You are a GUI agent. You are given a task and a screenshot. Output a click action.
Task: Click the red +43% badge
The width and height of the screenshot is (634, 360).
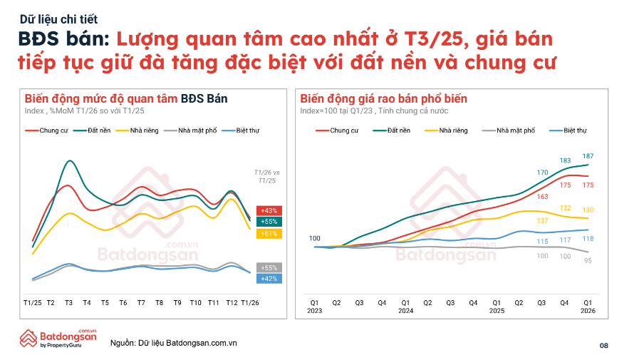[x=270, y=211]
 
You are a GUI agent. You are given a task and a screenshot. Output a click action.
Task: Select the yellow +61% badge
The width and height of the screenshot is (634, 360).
[x=270, y=234]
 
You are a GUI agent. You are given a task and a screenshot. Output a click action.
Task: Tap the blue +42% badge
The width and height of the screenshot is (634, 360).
[x=270, y=279]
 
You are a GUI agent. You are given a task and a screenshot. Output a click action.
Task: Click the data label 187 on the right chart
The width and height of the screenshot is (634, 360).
[x=588, y=156]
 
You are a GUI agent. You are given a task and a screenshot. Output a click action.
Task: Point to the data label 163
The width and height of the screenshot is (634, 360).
[x=543, y=197]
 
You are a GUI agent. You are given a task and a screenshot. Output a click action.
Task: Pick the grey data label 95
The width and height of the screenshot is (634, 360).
[x=588, y=261]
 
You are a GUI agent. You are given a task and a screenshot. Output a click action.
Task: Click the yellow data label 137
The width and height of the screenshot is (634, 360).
[x=543, y=221]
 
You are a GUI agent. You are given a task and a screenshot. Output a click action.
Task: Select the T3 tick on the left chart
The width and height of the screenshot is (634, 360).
[x=68, y=303]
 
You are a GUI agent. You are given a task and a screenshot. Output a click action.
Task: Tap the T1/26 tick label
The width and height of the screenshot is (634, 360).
[x=250, y=303]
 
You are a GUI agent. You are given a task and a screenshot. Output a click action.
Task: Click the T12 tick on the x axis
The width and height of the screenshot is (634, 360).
[x=232, y=303]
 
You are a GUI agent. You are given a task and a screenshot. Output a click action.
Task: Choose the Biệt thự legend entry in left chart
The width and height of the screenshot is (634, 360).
[x=241, y=131]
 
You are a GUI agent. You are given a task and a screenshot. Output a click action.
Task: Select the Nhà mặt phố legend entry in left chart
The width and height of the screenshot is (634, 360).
[x=191, y=131]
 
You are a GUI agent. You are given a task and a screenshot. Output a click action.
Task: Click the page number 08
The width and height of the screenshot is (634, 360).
[x=604, y=346]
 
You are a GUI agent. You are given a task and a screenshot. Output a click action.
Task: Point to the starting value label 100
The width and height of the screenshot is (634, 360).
[x=315, y=238]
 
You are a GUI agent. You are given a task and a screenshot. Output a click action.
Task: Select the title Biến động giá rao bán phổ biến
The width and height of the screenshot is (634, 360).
[x=383, y=98]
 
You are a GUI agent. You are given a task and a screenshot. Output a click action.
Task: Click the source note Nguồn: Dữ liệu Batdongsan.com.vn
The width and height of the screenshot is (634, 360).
[x=174, y=344]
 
